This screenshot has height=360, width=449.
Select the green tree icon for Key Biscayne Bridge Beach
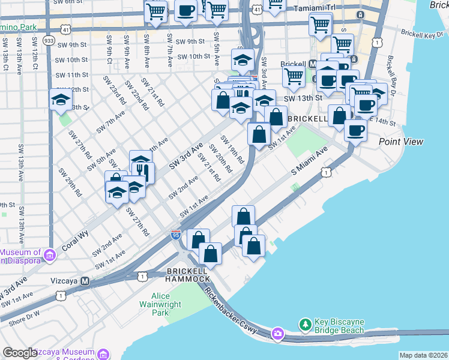point(306,325)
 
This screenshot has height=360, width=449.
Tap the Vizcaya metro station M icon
point(85,281)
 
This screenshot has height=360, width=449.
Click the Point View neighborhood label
point(401,142)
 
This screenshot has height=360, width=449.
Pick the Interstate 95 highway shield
point(176,235)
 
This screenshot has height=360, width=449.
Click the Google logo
point(20,353)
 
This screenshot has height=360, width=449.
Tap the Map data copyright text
point(424,355)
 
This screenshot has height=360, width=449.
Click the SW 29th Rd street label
point(70,182)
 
